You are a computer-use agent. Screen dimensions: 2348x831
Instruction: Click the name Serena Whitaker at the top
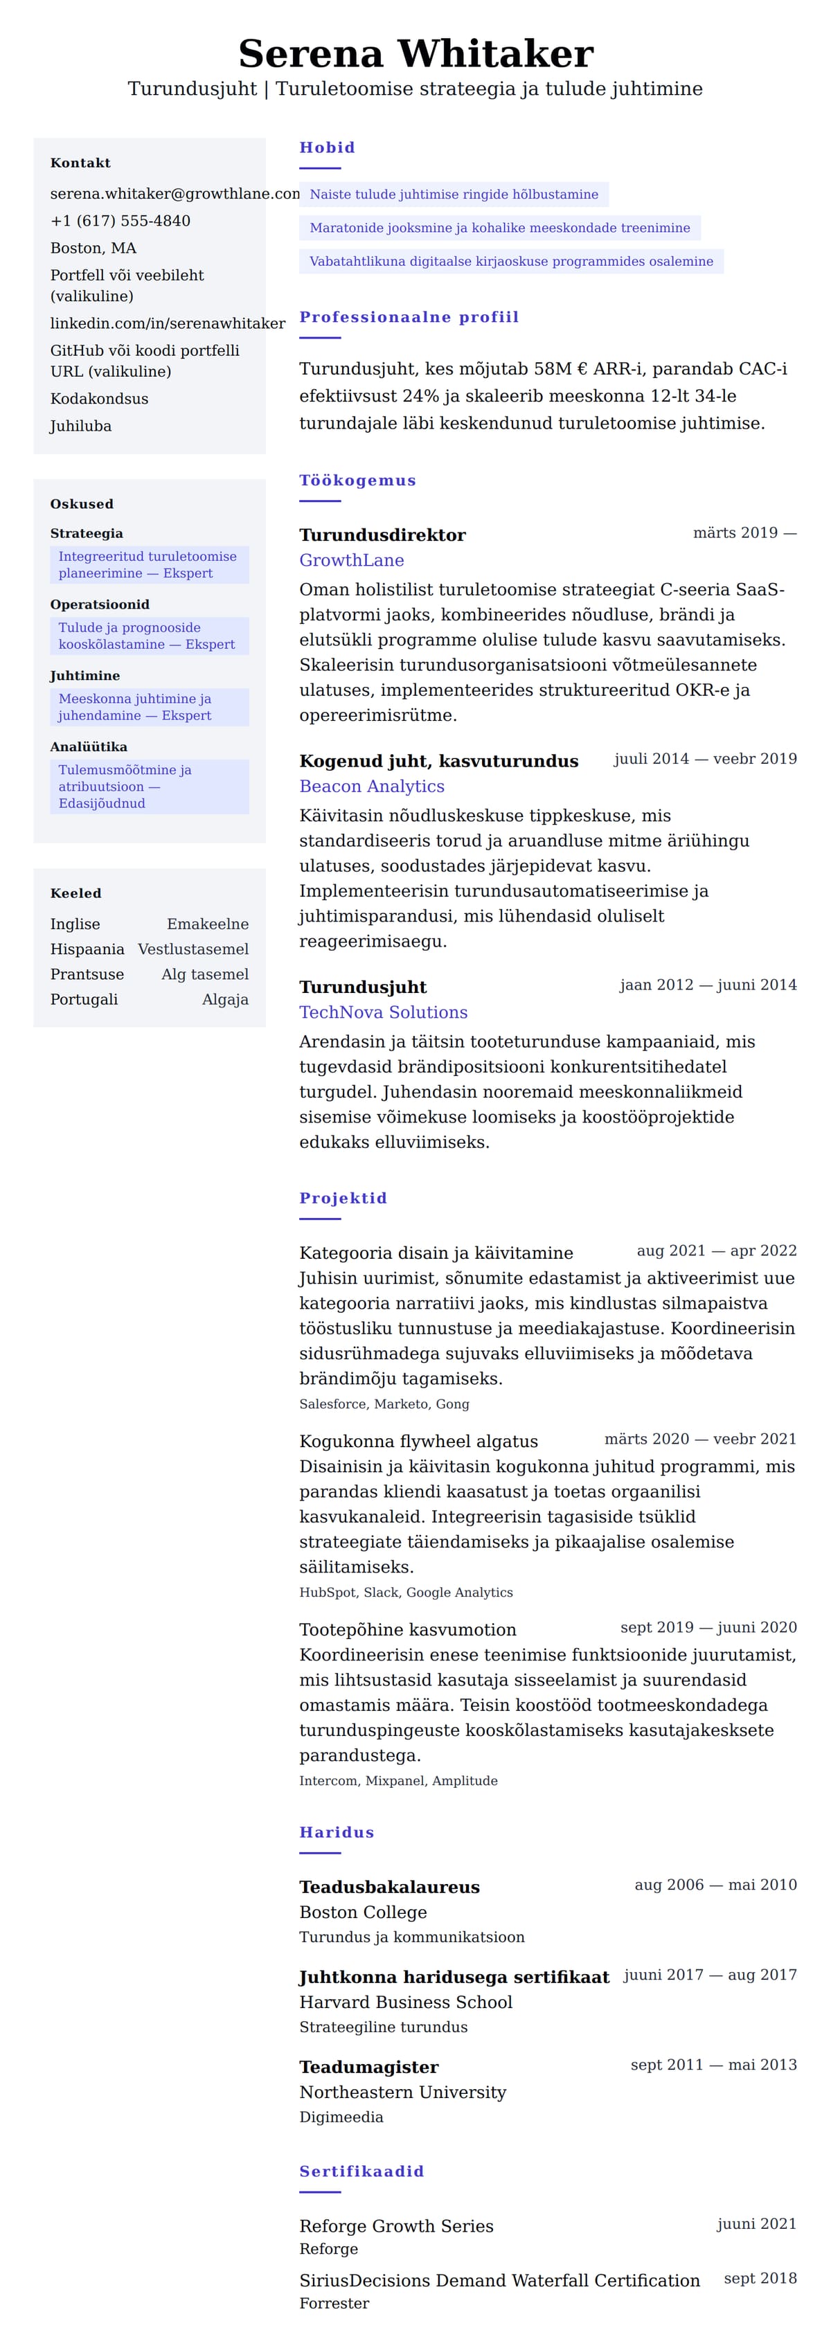click(x=415, y=54)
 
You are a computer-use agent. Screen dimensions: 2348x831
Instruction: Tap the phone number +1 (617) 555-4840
click(x=120, y=221)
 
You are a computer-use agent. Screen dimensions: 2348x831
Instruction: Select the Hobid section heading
click(x=327, y=147)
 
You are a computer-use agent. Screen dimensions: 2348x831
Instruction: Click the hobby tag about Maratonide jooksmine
click(x=499, y=228)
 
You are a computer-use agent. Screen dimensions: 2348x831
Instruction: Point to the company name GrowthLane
click(x=352, y=561)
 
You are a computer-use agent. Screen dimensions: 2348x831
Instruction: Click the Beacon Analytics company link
click(x=372, y=787)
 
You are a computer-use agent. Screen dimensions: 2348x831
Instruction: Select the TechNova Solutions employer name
click(x=383, y=1013)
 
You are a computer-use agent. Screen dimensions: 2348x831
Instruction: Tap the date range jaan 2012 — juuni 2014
click(x=707, y=985)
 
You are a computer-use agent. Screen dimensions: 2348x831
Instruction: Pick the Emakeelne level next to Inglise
click(x=207, y=924)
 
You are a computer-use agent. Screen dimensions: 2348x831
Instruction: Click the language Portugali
click(x=84, y=1000)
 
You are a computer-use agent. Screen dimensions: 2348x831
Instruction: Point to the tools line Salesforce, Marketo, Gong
click(x=384, y=1405)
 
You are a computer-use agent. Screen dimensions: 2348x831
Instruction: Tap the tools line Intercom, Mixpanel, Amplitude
click(x=398, y=1781)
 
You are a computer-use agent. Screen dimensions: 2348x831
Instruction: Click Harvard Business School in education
click(x=406, y=2002)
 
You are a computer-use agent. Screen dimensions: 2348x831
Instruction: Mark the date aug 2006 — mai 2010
click(x=715, y=1885)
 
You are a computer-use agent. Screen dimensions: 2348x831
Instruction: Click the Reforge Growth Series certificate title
click(x=396, y=2227)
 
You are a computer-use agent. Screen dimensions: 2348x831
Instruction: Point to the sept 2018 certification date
click(x=760, y=2279)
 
